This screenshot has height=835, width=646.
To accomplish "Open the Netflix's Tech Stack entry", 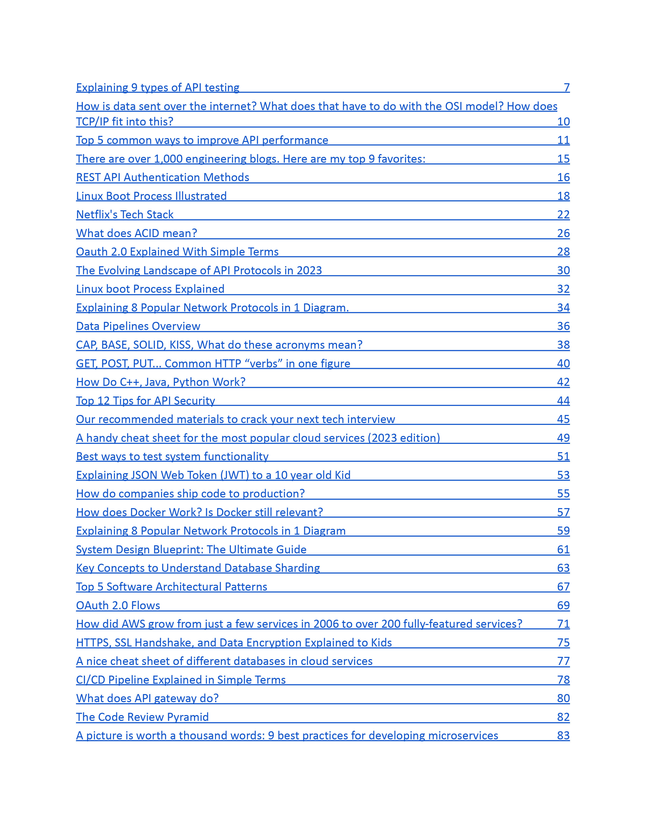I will pos(125,215).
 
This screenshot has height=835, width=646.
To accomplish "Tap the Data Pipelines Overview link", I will pos(138,326).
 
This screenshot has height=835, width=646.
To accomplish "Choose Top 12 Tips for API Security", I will pos(145,401).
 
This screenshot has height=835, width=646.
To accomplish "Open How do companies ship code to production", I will pos(190,494).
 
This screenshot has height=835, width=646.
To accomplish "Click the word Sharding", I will pos(297,568).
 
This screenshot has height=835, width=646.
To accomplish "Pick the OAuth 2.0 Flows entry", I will pos(118,606).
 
